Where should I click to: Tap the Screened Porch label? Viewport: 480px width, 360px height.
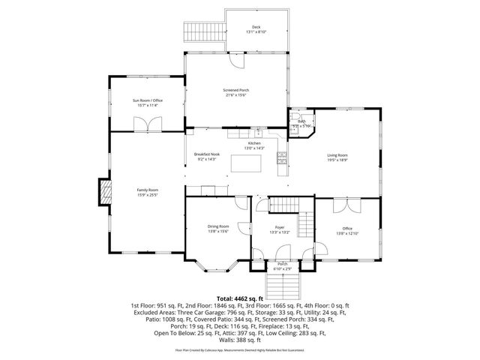click(236, 92)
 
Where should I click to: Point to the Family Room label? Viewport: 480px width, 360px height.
click(147, 193)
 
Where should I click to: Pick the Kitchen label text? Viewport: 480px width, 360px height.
click(255, 143)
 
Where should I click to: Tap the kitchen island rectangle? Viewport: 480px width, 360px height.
click(243, 161)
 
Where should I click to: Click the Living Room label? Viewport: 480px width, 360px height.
click(337, 157)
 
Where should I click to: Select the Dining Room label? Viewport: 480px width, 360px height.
click(218, 227)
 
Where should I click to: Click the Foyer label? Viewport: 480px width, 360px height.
click(279, 227)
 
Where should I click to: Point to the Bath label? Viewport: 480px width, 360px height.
click(301, 121)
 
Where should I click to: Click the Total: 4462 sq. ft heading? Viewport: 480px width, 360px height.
click(240, 298)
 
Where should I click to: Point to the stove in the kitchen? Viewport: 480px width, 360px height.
click(282, 157)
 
